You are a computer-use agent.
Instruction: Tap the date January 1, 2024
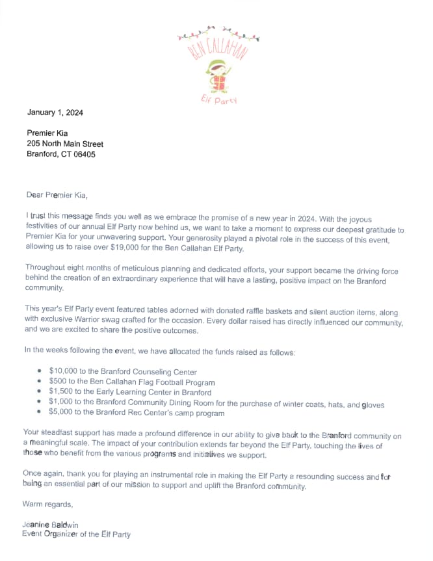pos(55,112)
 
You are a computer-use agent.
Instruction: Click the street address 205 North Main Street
pos(65,144)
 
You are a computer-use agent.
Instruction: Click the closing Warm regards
pos(47,504)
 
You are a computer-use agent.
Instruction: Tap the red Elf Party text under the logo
pos(218,99)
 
